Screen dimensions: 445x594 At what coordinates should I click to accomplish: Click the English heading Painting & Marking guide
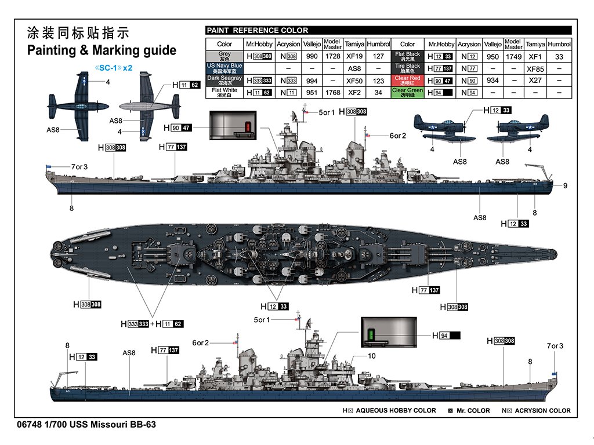(102, 50)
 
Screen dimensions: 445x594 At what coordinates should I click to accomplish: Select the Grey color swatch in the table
(224, 56)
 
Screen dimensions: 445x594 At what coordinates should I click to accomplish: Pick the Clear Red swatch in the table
(407, 80)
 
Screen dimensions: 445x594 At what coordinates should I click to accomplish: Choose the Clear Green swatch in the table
(407, 92)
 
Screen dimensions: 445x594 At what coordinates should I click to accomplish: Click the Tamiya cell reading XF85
(534, 68)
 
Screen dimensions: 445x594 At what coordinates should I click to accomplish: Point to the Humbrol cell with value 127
(378, 56)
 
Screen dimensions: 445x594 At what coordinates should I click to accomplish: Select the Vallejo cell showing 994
(312, 81)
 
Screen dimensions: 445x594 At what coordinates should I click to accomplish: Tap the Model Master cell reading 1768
(332, 92)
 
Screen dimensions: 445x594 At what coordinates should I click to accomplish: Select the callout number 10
(372, 356)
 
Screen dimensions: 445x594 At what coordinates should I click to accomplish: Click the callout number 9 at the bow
(565, 185)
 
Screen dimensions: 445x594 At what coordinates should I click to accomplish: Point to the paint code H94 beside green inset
(446, 335)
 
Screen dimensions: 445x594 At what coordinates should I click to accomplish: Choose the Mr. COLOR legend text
(470, 410)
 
